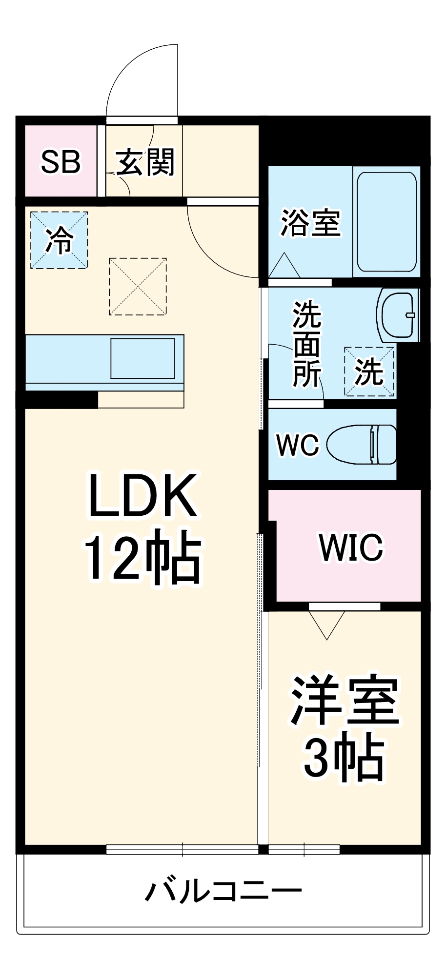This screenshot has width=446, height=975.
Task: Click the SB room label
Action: coord(61,162)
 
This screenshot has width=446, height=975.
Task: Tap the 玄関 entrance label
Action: coord(145,162)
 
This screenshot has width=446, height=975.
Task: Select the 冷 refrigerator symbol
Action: coord(59,240)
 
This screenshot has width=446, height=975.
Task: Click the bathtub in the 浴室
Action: coord(386,221)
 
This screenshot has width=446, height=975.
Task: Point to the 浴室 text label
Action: coord(310,223)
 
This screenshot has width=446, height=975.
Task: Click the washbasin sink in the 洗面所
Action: coord(398,315)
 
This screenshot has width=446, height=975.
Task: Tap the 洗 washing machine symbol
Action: coord(369,371)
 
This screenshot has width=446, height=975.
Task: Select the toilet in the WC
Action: coord(362,444)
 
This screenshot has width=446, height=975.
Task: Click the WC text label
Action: coord(297,445)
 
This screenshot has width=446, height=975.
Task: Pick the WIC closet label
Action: coord(351,547)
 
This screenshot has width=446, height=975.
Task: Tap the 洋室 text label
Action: coord(345,700)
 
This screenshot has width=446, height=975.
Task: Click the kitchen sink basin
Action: coord(142,358)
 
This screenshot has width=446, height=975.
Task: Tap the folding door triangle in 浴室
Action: coord(284,266)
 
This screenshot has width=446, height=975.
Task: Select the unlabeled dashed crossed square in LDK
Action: coord(138,286)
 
